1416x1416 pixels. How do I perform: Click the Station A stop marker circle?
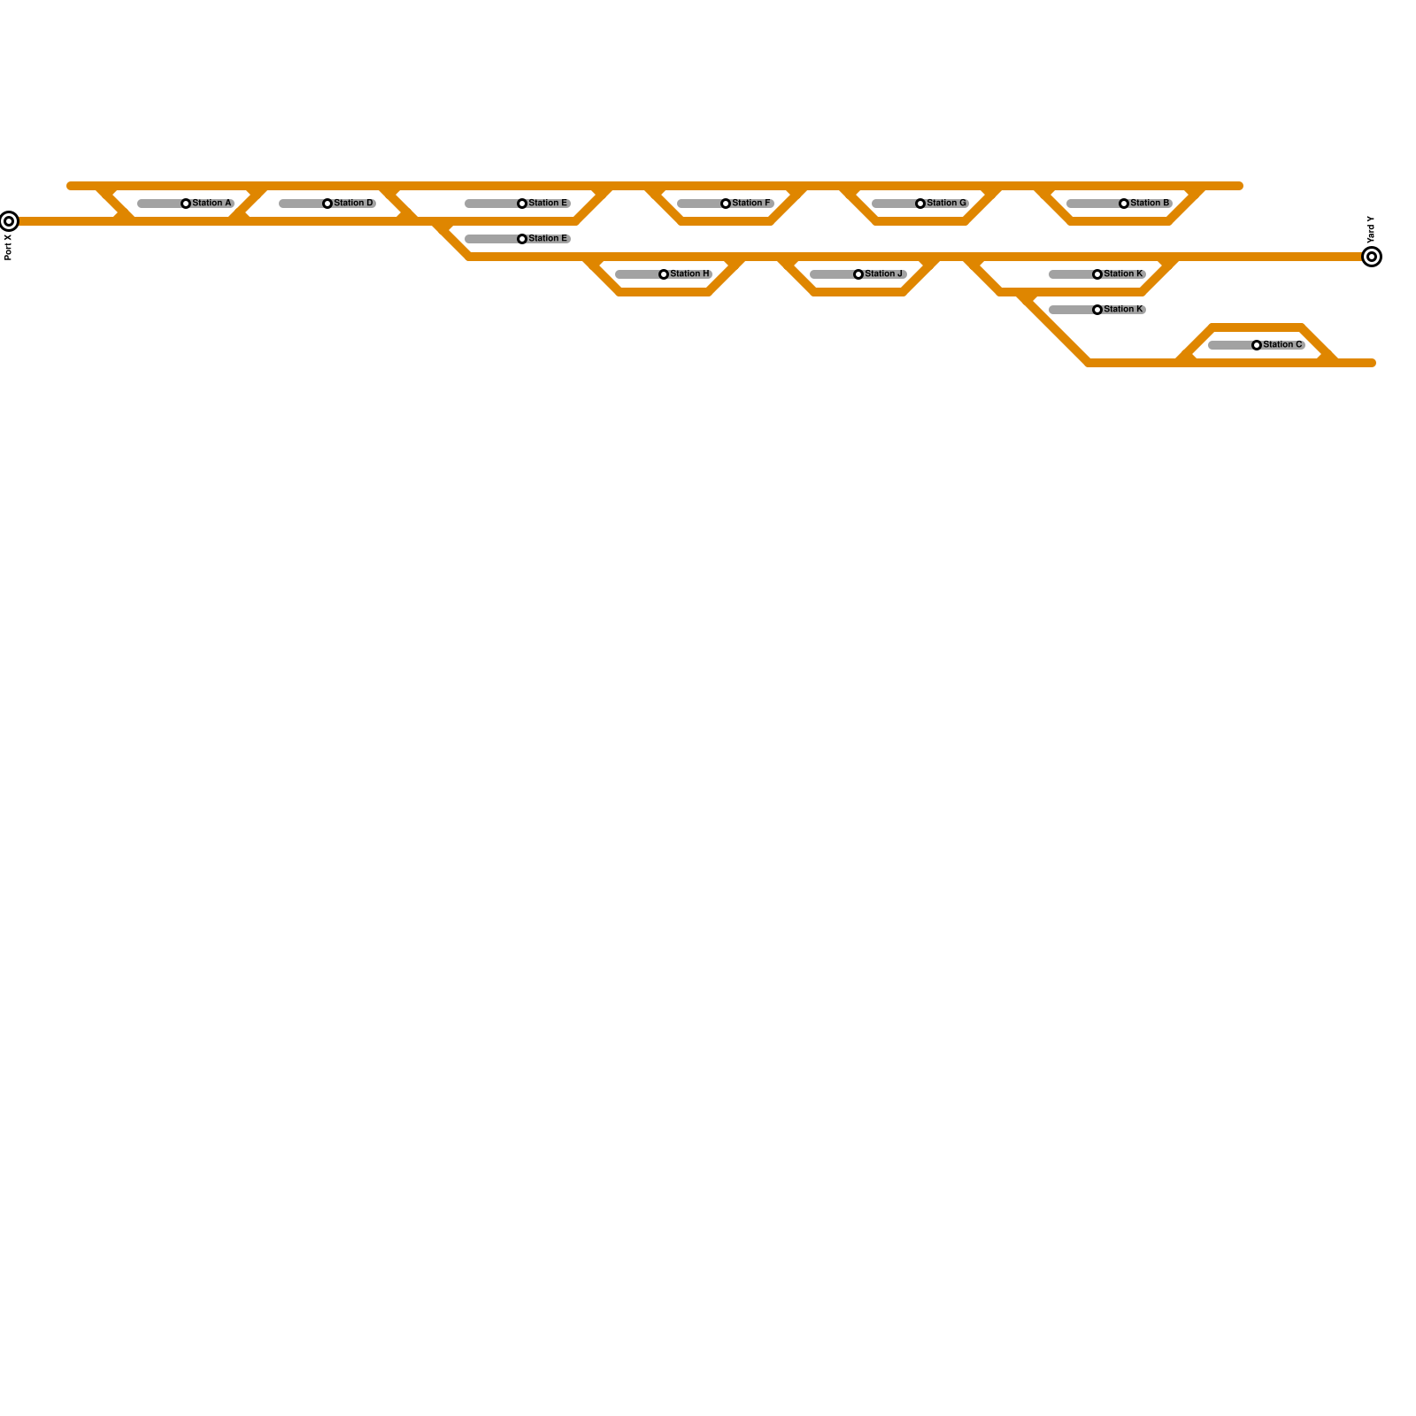coord(186,204)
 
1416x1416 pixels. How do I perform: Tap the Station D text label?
coord(353,204)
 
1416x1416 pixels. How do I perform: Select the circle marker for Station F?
coord(726,204)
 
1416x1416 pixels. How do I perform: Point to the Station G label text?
coord(946,204)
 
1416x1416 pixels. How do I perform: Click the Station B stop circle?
coord(1124,204)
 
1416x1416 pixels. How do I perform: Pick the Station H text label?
coord(689,274)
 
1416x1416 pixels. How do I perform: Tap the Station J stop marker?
coord(858,274)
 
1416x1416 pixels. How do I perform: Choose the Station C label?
coord(1282,345)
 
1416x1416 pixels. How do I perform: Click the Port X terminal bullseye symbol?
coord(9,221)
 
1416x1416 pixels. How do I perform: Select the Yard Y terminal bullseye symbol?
coord(1372,257)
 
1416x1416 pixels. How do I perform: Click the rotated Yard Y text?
coord(1371,230)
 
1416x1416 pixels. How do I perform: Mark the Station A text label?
coord(212,204)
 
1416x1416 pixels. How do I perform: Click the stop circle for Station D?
coord(327,204)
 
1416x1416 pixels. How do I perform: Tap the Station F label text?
coord(751,204)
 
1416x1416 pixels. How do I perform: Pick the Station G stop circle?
coord(920,204)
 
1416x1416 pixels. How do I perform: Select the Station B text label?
coord(1150,204)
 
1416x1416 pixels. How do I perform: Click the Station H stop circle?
coord(664,274)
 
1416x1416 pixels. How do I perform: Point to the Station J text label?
coord(884,274)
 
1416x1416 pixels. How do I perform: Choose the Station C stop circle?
coord(1257,345)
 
